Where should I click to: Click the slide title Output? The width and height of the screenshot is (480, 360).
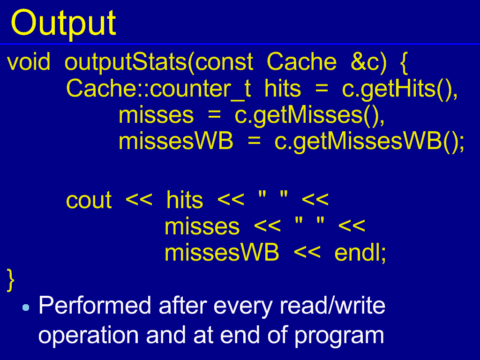point(63,23)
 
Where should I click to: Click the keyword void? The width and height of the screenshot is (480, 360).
point(29,61)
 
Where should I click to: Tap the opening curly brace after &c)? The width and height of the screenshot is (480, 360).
point(404,63)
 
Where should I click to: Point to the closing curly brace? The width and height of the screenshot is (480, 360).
point(10,280)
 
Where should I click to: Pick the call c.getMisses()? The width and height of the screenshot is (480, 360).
point(310,116)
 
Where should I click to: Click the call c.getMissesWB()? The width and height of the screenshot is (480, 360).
point(369,142)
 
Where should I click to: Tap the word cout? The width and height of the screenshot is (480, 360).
point(89,201)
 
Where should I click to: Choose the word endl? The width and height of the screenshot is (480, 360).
point(360,253)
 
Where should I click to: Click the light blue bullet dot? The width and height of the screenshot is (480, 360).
point(26,307)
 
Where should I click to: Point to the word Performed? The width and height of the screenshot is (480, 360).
point(95,305)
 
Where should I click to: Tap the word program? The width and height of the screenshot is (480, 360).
point(339,336)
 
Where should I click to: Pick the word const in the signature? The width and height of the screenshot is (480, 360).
point(224,61)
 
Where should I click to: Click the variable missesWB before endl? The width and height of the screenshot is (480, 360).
point(222,253)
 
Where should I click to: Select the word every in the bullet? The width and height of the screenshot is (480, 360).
point(243,306)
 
